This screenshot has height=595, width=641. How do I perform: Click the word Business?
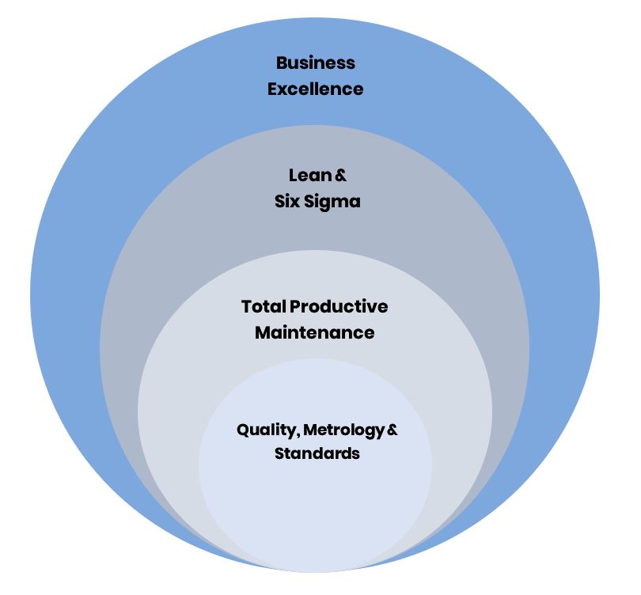(x=315, y=63)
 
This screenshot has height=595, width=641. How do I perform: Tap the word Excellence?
(x=315, y=89)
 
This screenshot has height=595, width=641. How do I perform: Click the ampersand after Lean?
(x=341, y=175)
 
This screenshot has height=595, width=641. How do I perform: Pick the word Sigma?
(x=332, y=202)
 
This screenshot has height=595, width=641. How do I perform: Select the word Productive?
(x=339, y=306)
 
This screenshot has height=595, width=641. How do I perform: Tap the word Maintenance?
(x=315, y=332)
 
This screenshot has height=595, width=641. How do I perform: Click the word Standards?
(x=317, y=454)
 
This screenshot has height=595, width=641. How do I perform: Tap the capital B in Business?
(x=281, y=63)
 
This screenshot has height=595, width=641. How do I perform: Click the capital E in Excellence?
(x=272, y=89)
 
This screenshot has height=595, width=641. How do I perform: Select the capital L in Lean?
(x=293, y=175)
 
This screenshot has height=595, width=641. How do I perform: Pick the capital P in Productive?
(x=295, y=306)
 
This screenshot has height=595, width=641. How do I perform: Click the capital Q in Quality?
(x=243, y=430)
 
